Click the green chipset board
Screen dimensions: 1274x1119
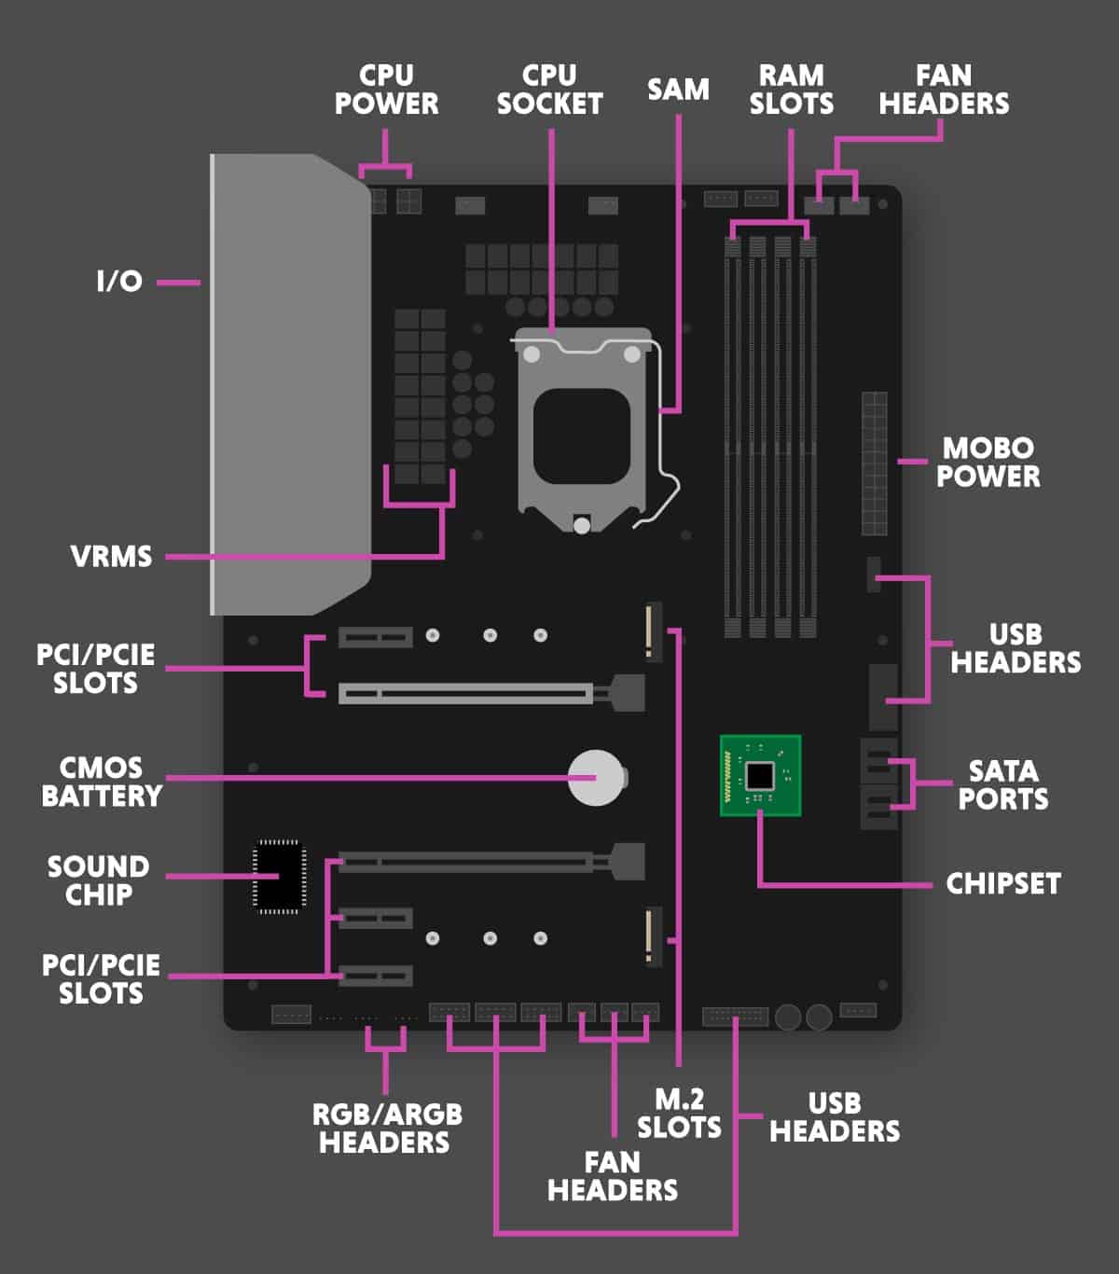coord(760,775)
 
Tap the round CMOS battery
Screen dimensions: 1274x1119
coord(596,777)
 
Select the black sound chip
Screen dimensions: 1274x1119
coord(280,876)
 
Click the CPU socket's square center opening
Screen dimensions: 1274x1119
coord(581,436)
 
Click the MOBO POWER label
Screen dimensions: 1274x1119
coord(988,462)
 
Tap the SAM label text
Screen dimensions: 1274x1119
coord(678,90)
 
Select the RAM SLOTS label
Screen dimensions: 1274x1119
coord(791,90)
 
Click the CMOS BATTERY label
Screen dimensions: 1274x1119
coord(102,782)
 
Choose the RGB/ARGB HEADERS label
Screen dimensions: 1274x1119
coord(386,1128)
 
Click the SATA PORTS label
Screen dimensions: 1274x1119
coord(1002,784)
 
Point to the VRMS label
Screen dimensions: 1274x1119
coord(111,557)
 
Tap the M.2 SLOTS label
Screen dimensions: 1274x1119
coord(679,1113)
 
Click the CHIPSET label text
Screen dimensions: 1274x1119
coord(1002,883)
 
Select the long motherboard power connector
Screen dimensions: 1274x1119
coord(874,464)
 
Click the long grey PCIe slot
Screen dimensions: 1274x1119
coord(466,693)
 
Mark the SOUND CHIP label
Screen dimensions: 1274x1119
coord(98,880)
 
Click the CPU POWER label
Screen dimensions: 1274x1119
coord(386,90)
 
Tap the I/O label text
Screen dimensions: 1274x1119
coord(119,281)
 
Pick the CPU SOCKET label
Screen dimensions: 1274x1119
coord(549,90)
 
